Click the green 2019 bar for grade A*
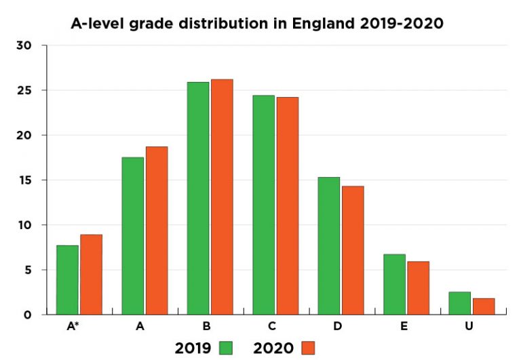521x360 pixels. coord(67,280)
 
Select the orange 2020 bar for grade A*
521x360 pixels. coord(91,275)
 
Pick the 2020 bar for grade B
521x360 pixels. coord(222,197)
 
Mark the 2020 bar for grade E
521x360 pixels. coord(418,288)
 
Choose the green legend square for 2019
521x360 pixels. coord(226,348)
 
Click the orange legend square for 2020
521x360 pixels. coord(309,348)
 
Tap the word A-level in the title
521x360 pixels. coord(98,24)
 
